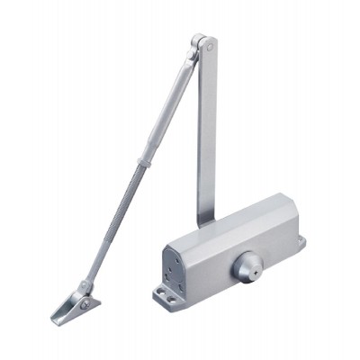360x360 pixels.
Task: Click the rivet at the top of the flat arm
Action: tap(209, 41)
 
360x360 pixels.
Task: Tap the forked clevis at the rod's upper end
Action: tap(192, 57)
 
